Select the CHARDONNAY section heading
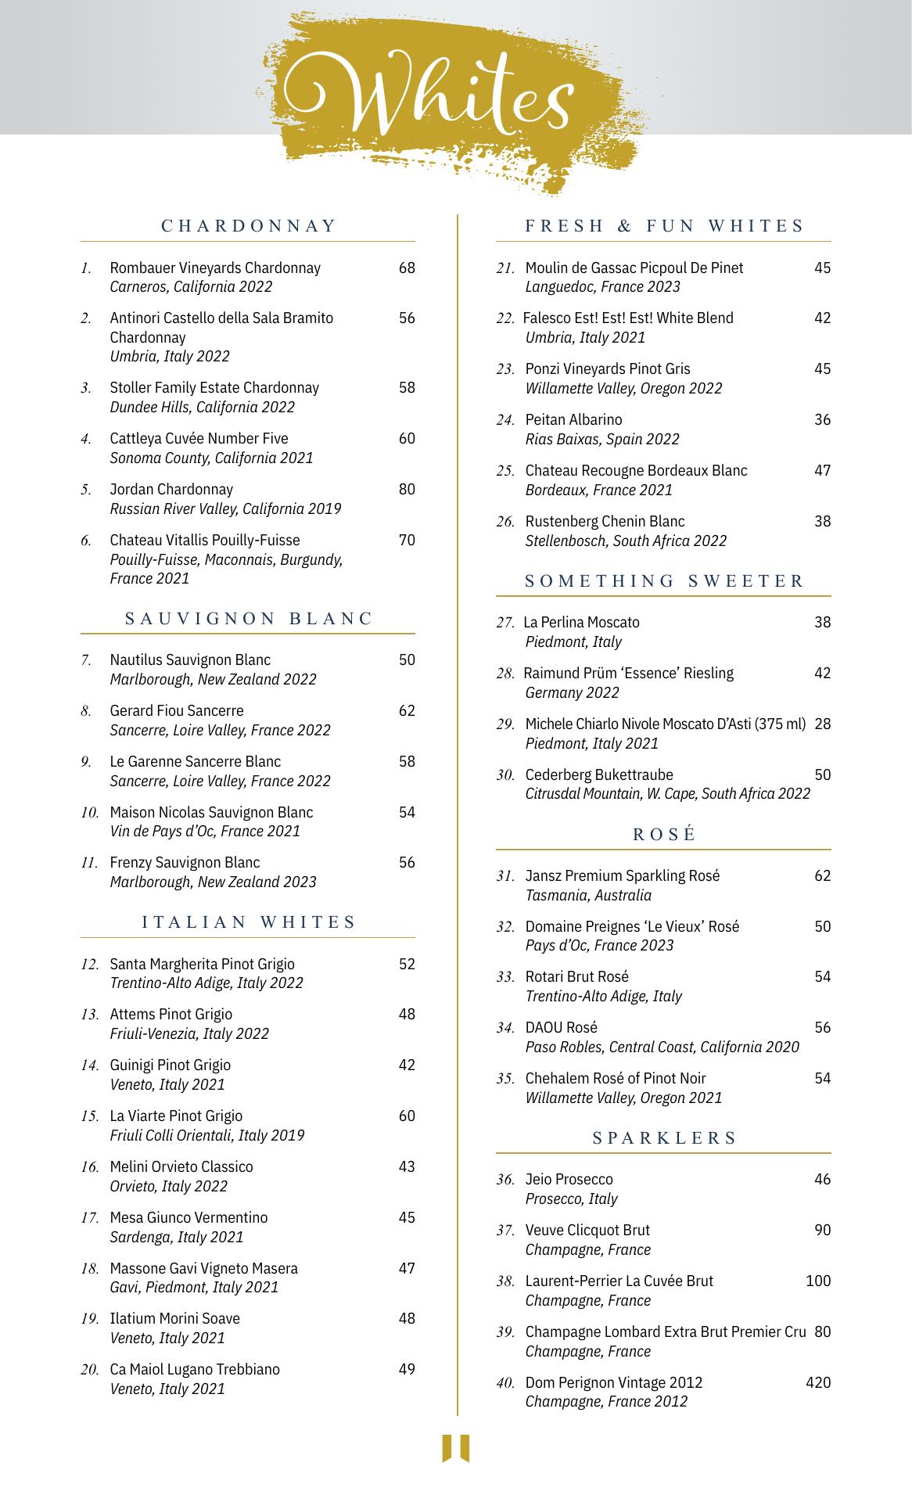click(249, 226)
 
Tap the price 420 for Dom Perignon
click(818, 1382)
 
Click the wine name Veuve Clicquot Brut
click(587, 1230)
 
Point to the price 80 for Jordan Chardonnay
click(407, 490)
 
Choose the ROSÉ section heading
click(664, 834)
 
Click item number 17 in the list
click(90, 1218)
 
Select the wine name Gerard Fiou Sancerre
click(177, 710)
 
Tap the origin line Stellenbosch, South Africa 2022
click(626, 541)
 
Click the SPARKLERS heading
click(664, 1137)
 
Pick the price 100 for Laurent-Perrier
click(818, 1281)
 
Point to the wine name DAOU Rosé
click(561, 1027)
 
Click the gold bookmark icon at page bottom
click(456, 1448)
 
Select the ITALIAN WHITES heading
click(249, 922)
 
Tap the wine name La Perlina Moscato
click(581, 622)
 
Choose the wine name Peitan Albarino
click(573, 419)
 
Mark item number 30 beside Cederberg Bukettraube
click(505, 775)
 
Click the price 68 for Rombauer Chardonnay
click(407, 268)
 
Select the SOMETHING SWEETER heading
click(664, 580)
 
